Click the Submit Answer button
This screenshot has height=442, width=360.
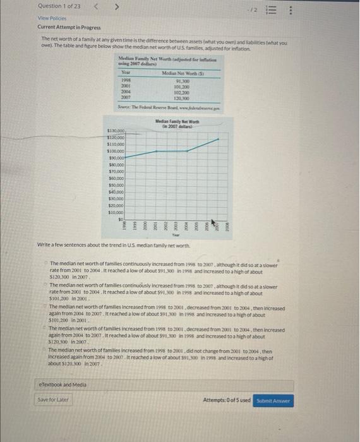pyautogui.click(x=273, y=400)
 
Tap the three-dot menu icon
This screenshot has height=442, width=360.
pyautogui.click(x=343, y=11)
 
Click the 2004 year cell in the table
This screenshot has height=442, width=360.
pyautogui.click(x=126, y=92)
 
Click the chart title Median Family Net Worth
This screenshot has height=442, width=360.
pyautogui.click(x=177, y=122)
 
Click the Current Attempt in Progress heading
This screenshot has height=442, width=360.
pyautogui.click(x=69, y=27)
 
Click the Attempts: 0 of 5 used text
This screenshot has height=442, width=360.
pyautogui.click(x=227, y=400)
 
